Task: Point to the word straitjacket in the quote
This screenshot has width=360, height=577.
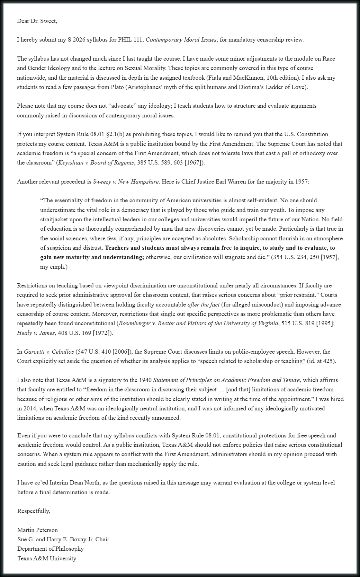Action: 55,220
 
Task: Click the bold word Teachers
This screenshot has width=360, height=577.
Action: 118,248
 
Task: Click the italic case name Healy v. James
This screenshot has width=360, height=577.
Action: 36,333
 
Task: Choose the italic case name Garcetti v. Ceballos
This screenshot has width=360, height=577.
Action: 49,352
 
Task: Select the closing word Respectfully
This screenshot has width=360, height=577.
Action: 34,511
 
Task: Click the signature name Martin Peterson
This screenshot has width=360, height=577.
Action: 37,530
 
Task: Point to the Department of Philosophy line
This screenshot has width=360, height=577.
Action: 51,549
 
